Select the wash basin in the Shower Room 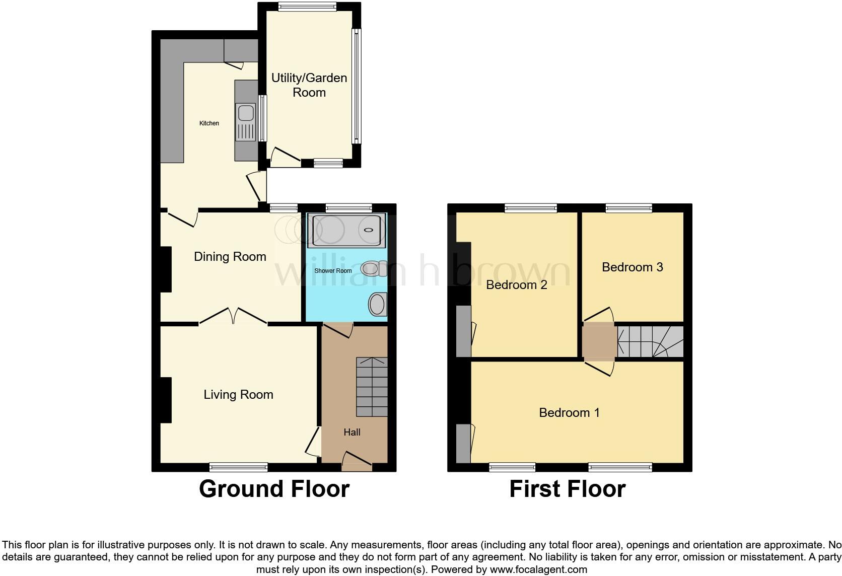[x=377, y=305]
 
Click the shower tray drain [x=369, y=230]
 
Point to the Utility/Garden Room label [x=309, y=85]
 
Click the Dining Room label [x=230, y=257]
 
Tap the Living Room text [x=238, y=394]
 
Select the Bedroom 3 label [x=632, y=267]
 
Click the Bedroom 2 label [x=516, y=285]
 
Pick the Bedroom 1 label [x=569, y=413]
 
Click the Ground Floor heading [x=274, y=489]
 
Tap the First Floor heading [x=567, y=489]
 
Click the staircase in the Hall [x=372, y=387]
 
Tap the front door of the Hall [x=357, y=461]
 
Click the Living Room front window [x=238, y=467]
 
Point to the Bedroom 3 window [x=628, y=207]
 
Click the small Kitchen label [x=209, y=123]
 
